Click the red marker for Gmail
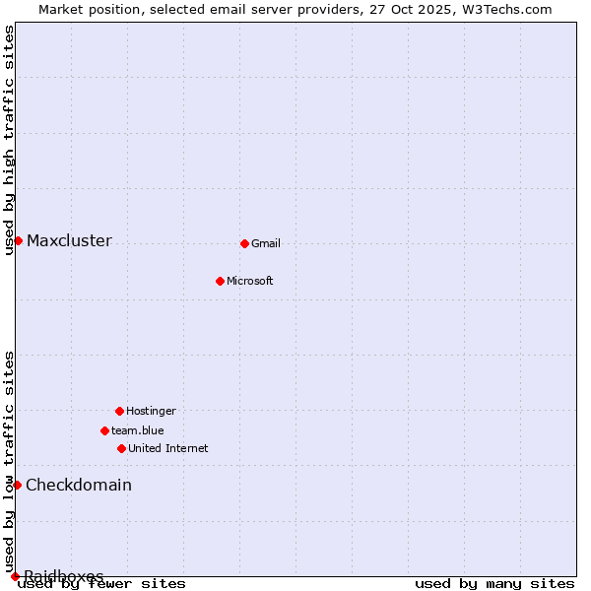(244, 243)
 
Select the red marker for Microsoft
(220, 281)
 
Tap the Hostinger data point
(119, 411)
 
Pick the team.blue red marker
(104, 430)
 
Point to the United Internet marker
(121, 448)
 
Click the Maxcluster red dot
(18, 240)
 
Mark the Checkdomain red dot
(17, 485)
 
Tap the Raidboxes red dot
(15, 576)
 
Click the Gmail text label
(266, 243)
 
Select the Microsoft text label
(250, 281)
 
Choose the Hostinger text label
(151, 411)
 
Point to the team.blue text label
(138, 430)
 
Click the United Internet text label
(168, 448)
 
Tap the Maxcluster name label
(69, 240)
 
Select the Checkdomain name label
(79, 485)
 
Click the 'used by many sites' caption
(494, 584)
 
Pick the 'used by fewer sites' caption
(102, 584)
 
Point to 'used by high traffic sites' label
(10, 140)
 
